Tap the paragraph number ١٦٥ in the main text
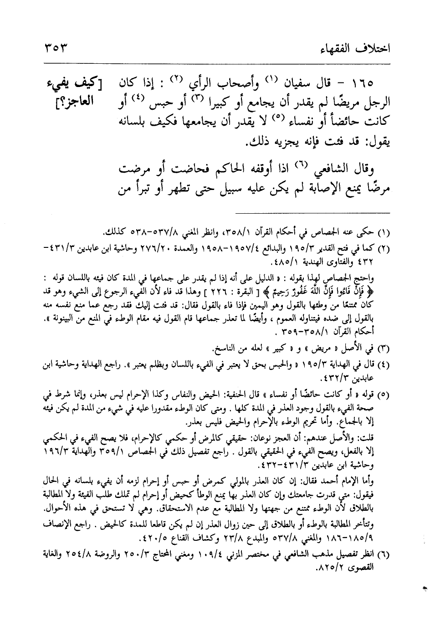(363, 84)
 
